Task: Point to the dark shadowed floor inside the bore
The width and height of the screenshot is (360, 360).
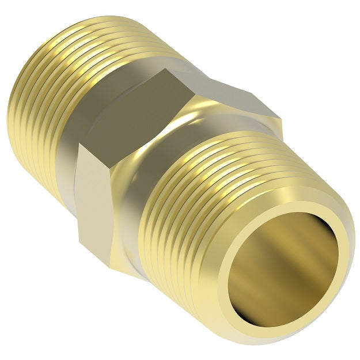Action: click(x=288, y=288)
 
